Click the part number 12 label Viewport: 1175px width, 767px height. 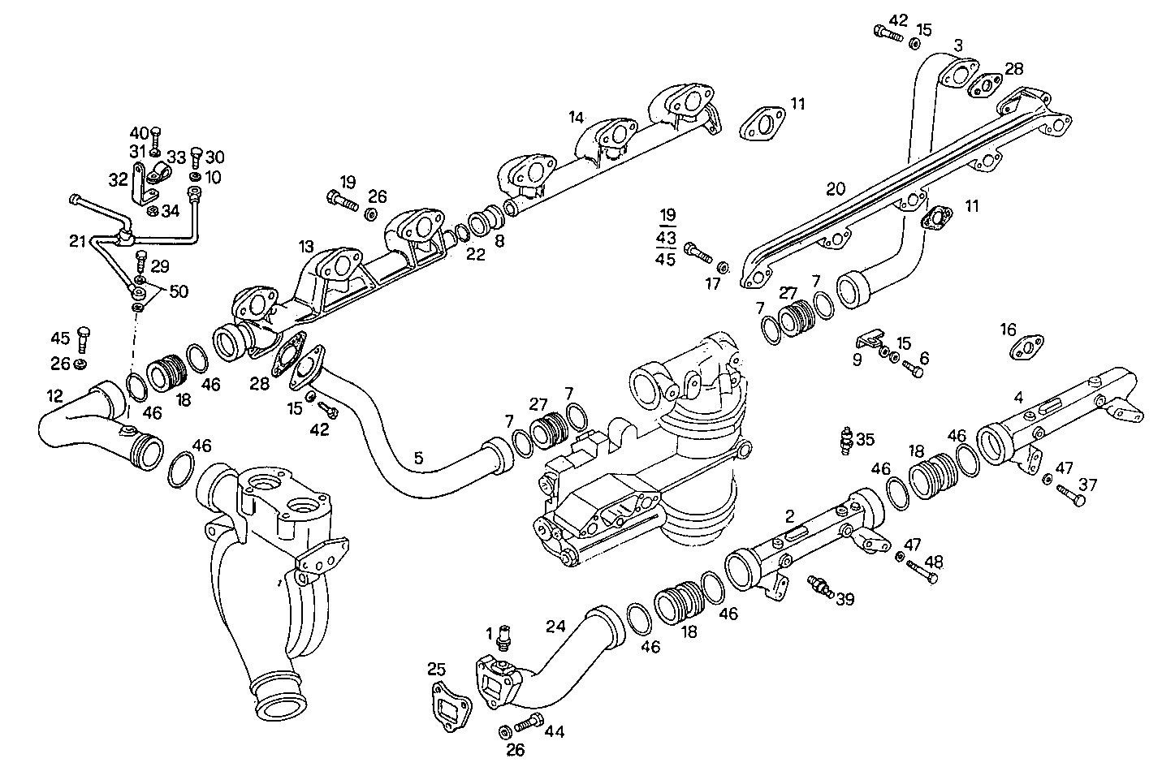(54, 396)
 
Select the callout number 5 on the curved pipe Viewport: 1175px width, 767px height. (418, 459)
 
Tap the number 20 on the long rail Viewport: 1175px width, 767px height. (836, 189)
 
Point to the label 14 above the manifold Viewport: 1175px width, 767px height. (576, 118)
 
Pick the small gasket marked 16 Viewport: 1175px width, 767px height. (1026, 347)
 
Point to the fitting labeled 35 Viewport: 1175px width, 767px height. (847, 441)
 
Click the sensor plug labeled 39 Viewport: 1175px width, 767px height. (820, 586)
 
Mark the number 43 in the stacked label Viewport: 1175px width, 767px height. (667, 237)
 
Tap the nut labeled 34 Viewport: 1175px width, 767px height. (152, 212)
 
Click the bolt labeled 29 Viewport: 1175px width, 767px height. (140, 261)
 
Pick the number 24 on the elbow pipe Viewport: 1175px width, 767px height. (555, 626)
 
